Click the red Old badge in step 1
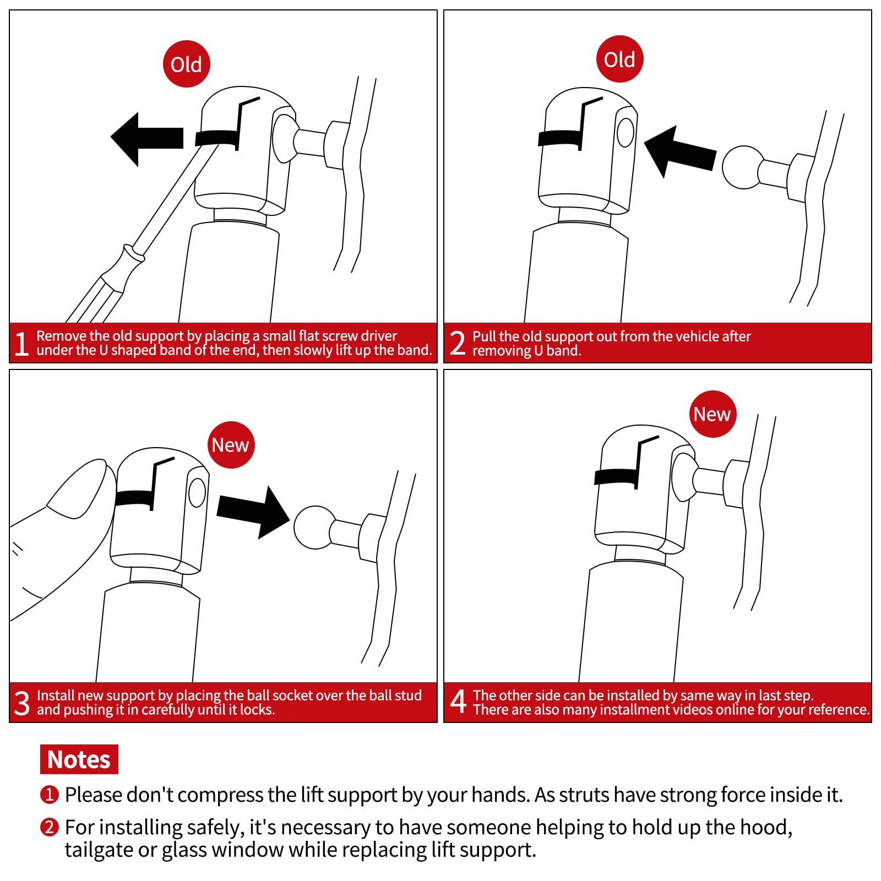click(x=187, y=64)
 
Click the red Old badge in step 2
click(x=619, y=59)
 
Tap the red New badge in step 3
click(x=231, y=445)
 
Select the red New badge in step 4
click(x=713, y=414)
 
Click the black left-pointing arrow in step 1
click(x=147, y=139)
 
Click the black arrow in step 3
click(x=253, y=512)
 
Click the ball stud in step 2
click(x=743, y=167)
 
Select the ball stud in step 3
click(x=315, y=527)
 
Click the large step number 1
click(x=21, y=344)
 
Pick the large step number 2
click(x=458, y=344)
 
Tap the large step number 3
click(x=22, y=703)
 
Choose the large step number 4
click(x=458, y=702)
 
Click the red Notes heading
click(x=79, y=759)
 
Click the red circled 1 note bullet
click(x=50, y=795)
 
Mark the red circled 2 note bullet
click(x=50, y=827)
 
